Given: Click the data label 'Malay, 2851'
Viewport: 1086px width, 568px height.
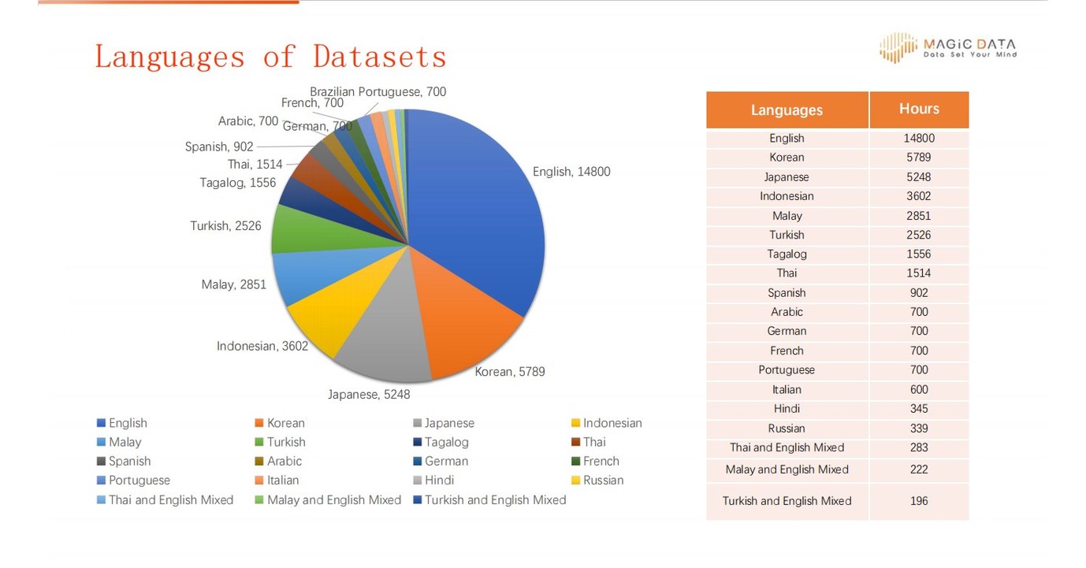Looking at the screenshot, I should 234,284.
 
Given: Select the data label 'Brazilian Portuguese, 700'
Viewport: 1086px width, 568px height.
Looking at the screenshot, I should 377,91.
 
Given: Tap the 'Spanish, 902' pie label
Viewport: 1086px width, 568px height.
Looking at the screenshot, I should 219,147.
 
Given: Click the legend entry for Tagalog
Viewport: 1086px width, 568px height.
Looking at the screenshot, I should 446,442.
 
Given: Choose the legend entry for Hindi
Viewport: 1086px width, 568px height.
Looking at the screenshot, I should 439,480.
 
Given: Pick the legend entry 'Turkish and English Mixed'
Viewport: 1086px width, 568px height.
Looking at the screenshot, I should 495,499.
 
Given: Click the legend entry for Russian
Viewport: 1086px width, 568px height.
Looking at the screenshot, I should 603,480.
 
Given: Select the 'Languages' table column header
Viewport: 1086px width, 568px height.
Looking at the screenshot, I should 787,110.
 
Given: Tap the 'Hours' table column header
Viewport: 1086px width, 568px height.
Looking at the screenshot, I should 919,109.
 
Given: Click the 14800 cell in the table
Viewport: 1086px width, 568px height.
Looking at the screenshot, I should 919,138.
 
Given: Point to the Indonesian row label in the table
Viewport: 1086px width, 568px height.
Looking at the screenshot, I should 787,196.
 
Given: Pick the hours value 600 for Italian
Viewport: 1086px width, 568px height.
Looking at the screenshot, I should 919,389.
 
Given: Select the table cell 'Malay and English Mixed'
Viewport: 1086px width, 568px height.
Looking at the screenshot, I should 787,470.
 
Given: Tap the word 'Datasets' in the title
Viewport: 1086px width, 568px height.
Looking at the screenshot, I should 380,57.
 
